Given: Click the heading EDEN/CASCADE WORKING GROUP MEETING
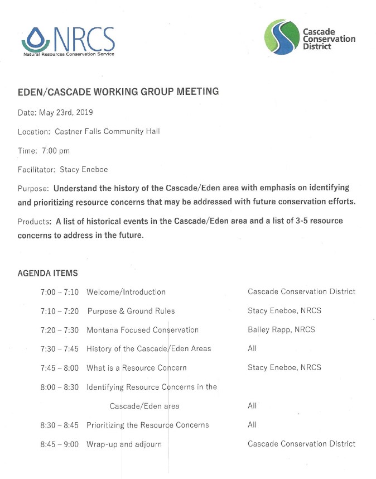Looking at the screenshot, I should (118, 92).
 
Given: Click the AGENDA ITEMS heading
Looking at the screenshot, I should (48, 274).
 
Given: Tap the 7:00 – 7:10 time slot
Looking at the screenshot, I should (60, 292).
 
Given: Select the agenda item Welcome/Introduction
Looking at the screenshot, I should (126, 292).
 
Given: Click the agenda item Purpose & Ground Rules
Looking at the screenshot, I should (131, 311).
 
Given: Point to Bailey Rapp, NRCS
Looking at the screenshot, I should (281, 330).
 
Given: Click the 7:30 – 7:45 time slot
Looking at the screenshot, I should (60, 349).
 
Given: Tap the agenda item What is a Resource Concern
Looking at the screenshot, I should (137, 368).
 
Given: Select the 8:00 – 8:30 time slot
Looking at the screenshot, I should (60, 387).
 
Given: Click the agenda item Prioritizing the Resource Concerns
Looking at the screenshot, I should (148, 425).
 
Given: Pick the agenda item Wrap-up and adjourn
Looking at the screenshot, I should (124, 444).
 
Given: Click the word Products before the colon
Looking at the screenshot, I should (33, 221).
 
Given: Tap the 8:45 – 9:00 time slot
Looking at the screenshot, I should (60, 444).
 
